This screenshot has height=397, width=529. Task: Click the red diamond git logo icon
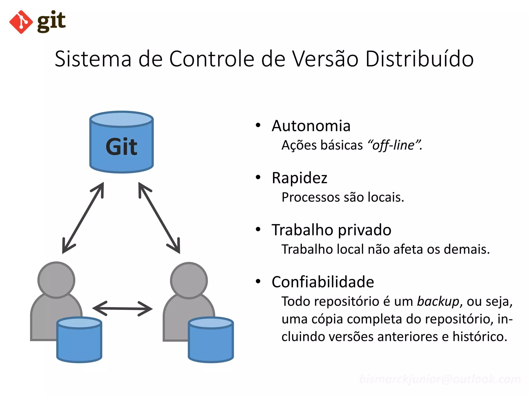[21, 22]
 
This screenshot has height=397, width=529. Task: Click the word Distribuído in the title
[419, 59]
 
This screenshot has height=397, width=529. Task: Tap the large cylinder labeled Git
[121, 142]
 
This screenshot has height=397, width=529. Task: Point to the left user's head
[56, 280]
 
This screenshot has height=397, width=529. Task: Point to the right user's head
[189, 280]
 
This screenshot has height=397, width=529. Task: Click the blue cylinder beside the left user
[79, 340]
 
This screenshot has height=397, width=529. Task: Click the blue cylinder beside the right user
[211, 340]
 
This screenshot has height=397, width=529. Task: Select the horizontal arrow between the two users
[122, 309]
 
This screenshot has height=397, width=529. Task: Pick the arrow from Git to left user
[83, 218]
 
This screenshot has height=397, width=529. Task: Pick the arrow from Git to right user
[159, 218]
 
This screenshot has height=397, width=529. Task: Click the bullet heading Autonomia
[311, 126]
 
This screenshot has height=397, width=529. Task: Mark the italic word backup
[438, 302]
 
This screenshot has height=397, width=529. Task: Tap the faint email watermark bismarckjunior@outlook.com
[440, 379]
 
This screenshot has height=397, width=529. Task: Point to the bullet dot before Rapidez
[258, 177]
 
